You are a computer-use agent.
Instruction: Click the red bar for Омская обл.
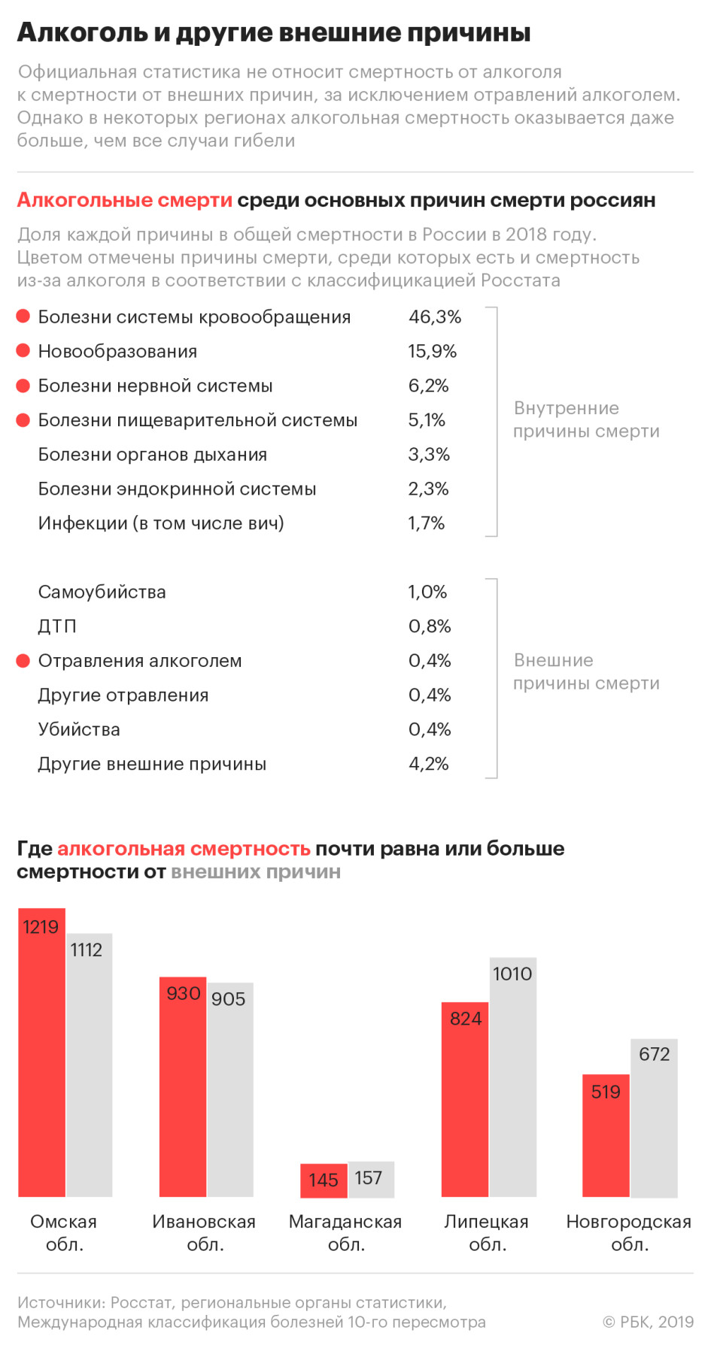pyautogui.click(x=42, y=1053)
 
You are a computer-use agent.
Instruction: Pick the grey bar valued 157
pyautogui.click(x=371, y=1180)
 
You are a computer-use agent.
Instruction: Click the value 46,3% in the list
pyautogui.click(x=435, y=317)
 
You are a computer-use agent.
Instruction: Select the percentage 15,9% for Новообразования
pyautogui.click(x=433, y=352)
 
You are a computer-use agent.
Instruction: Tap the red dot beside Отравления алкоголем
pyautogui.click(x=23, y=661)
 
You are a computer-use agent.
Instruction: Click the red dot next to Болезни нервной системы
pyautogui.click(x=23, y=386)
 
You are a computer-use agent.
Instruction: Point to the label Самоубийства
pyautogui.click(x=102, y=592)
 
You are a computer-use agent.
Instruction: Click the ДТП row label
pyautogui.click(x=57, y=627)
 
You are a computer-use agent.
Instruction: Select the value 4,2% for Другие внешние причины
pyautogui.click(x=429, y=765)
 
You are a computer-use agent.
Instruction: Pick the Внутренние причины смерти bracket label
pyautogui.click(x=586, y=420)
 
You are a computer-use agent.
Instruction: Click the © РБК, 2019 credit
pyautogui.click(x=648, y=1322)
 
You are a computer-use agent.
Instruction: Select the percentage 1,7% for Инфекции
pyautogui.click(x=427, y=523)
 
